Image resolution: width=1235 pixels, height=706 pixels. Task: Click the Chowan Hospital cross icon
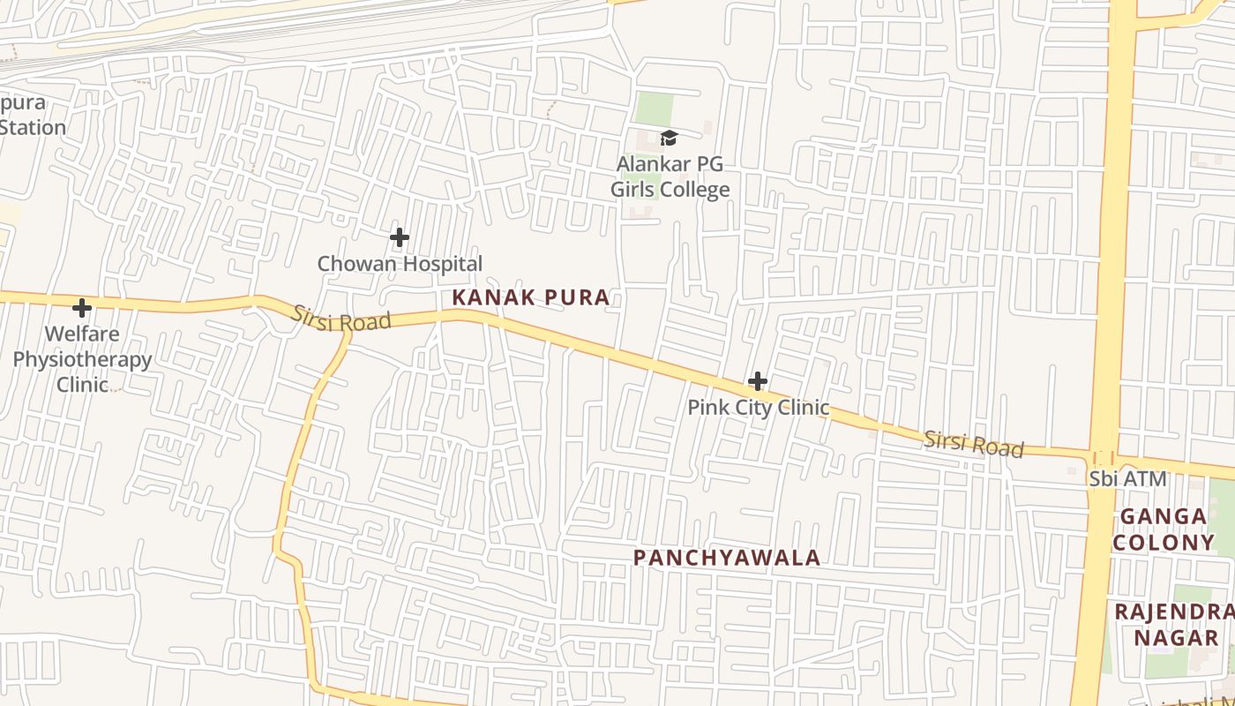[400, 237]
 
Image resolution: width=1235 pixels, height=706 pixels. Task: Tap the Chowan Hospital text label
[400, 263]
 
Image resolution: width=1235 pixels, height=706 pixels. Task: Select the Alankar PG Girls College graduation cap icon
[669, 138]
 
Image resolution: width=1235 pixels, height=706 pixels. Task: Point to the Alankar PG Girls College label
[670, 176]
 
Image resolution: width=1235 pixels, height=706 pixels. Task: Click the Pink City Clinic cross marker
[757, 382]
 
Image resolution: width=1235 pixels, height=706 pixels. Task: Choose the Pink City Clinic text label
[758, 407]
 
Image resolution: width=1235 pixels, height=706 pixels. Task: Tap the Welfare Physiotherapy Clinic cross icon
[82, 308]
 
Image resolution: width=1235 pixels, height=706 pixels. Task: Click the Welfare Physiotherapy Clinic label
[82, 359]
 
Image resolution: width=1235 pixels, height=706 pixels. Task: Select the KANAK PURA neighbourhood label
[530, 297]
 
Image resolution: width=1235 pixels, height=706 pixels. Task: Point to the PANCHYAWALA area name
[727, 558]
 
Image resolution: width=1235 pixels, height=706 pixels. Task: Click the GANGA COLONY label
[1163, 529]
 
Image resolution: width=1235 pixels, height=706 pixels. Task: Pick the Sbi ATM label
[1127, 478]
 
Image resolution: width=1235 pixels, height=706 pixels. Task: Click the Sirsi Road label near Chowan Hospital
[341, 319]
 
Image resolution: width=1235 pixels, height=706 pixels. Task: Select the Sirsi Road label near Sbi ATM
[973, 444]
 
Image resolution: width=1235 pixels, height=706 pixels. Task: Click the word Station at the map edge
[33, 127]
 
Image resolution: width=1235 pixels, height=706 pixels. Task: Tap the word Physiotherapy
[82, 360]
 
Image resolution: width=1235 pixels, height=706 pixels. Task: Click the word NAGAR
[1175, 636]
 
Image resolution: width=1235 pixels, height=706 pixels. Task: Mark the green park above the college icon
[654, 109]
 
